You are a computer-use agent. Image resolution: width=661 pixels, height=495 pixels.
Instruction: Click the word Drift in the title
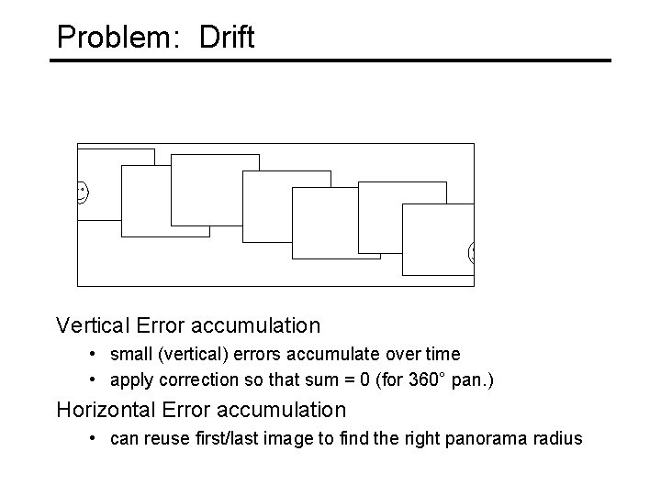pos(222,37)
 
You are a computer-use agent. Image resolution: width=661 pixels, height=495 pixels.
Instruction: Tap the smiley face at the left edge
pos(82,192)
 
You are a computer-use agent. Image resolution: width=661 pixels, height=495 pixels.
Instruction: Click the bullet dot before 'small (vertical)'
pos(95,354)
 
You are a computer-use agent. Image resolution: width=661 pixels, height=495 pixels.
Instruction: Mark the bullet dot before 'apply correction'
pos(95,376)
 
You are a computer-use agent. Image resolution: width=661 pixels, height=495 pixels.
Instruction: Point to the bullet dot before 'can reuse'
pos(95,439)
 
